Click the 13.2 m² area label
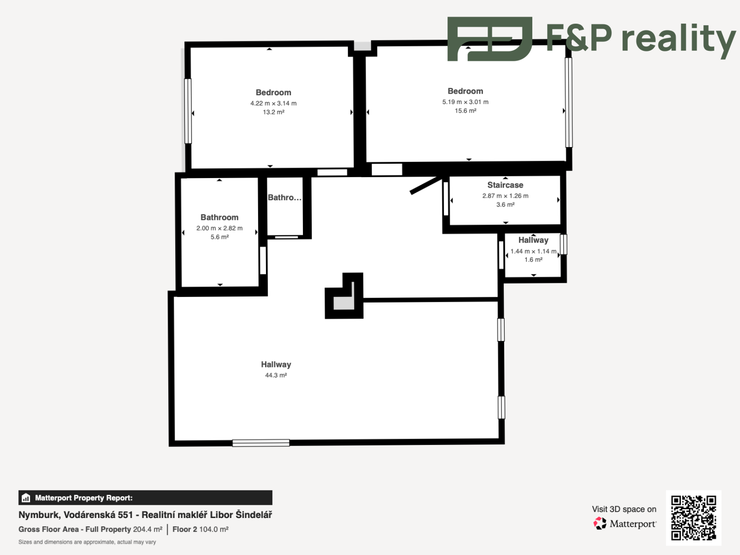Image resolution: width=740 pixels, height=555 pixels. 273,112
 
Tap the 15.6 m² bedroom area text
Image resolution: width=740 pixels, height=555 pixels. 465,111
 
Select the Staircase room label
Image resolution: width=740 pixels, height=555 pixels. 505,185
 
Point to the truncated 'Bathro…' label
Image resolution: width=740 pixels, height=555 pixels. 285,197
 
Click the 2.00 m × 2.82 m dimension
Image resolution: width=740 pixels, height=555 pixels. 220,228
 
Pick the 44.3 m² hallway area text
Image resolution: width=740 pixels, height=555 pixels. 276,375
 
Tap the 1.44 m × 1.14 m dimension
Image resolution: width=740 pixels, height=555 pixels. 533,251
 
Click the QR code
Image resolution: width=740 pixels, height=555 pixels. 694,518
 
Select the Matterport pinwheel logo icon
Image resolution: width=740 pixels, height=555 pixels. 600,523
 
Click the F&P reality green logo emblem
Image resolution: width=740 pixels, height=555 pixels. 489,39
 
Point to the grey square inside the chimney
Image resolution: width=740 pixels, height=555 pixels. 344,302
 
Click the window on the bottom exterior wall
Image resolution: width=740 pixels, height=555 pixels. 261,443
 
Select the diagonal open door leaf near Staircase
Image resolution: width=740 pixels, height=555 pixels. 426,185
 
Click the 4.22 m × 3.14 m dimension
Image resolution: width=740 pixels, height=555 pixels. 273,104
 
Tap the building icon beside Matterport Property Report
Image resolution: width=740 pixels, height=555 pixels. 26,498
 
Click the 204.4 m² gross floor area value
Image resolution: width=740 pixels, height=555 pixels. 148,529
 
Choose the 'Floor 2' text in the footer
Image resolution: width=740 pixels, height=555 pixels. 185,529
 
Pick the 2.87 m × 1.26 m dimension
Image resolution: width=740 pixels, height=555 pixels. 505,196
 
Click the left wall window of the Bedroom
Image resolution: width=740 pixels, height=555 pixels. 188,111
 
